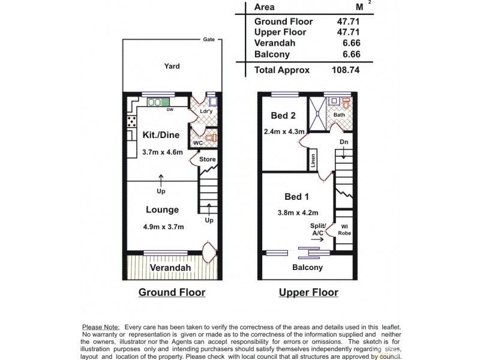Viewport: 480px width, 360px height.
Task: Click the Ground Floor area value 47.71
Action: coord(350,21)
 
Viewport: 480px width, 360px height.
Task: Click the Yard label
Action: coord(172,66)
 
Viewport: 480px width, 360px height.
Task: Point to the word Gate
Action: coord(209,41)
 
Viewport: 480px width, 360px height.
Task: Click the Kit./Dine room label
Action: coord(161,134)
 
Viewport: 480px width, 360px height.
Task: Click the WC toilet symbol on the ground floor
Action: coord(209,139)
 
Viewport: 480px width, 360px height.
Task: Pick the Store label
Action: coord(207,160)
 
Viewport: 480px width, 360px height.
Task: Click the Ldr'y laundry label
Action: coord(199,111)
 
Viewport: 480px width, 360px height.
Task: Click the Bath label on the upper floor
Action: coord(339,115)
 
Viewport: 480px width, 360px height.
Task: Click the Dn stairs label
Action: coord(343,142)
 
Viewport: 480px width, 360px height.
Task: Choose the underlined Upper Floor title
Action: coord(308,293)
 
